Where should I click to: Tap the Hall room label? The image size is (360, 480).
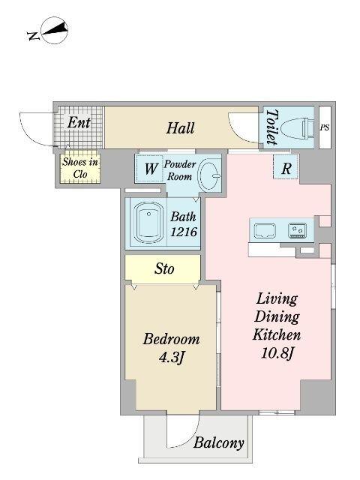click(x=180, y=128)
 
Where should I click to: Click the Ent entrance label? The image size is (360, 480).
click(x=79, y=123)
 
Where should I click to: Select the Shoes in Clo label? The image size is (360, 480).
click(x=80, y=167)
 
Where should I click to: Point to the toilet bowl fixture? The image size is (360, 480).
click(x=298, y=128)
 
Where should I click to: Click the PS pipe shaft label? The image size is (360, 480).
click(x=325, y=127)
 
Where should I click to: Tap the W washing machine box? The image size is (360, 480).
click(x=149, y=168)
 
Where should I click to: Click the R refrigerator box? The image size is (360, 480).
click(x=286, y=167)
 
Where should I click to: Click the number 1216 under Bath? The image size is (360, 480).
click(x=183, y=232)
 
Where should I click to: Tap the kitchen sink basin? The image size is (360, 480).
click(x=265, y=230)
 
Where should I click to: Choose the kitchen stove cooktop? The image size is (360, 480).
click(x=297, y=230)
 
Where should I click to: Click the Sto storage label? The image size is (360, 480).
click(x=164, y=269)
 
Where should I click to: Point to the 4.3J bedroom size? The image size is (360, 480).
click(x=171, y=357)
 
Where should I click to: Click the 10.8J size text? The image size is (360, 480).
click(x=277, y=354)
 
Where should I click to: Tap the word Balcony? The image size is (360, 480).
click(x=218, y=443)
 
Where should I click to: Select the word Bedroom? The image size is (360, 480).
click(x=171, y=339)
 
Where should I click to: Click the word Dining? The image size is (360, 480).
click(x=277, y=317)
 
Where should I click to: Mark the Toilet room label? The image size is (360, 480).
click(x=271, y=127)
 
